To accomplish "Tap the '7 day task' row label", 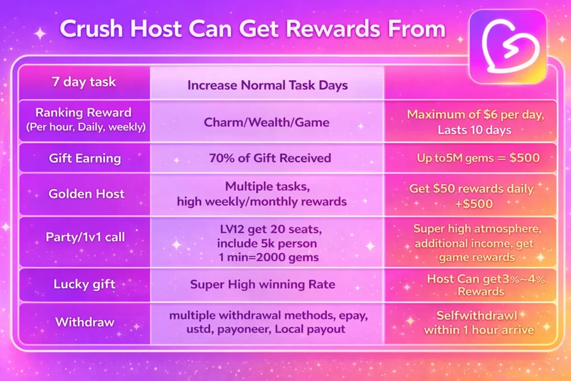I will click(x=83, y=82).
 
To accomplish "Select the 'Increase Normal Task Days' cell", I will click(x=268, y=85).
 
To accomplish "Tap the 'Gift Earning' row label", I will click(x=84, y=158).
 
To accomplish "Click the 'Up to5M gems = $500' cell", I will click(x=478, y=158).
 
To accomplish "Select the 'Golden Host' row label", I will click(x=83, y=194).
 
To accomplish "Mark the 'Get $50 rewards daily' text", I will click(x=471, y=189).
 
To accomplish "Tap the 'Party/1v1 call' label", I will click(x=83, y=237).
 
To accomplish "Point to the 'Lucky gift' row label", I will click(x=83, y=284).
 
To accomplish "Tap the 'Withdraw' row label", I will click(x=83, y=322).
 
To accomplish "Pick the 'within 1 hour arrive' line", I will click(x=478, y=330).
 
